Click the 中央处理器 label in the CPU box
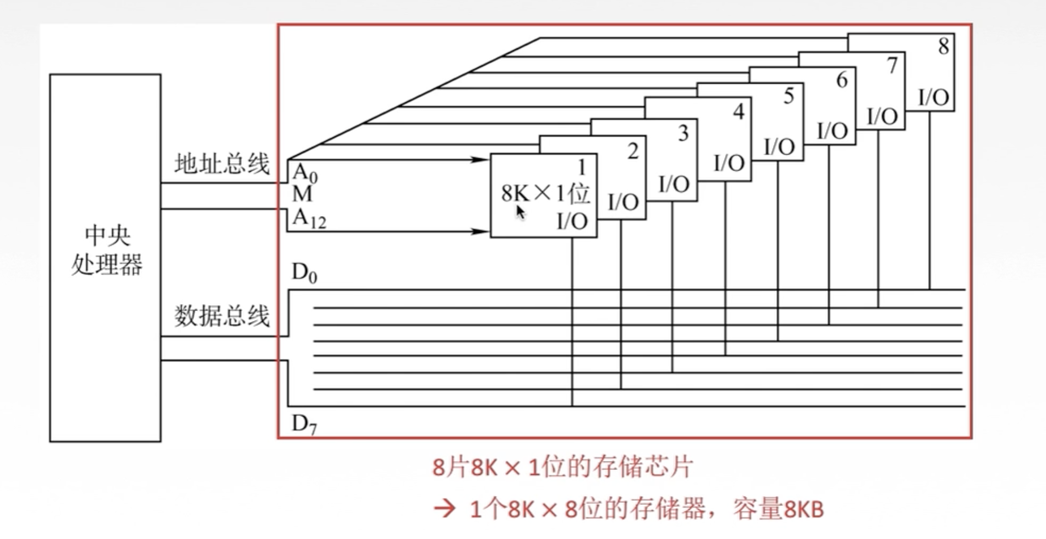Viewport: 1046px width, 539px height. coord(106,250)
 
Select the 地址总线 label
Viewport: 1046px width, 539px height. coord(222,164)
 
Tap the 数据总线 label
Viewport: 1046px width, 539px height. coord(222,315)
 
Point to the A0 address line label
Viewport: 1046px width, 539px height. coord(305,173)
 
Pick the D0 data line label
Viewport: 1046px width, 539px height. coord(304,273)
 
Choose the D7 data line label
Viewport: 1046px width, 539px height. coord(304,424)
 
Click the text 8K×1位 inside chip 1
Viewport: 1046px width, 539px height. coord(545,193)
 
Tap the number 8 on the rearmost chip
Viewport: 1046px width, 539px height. coord(943,46)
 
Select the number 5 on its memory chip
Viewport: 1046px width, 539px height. coord(789,96)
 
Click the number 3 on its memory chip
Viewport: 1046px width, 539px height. coord(683,133)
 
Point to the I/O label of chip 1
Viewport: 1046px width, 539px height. coord(572,221)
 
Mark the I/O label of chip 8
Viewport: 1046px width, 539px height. coord(933,97)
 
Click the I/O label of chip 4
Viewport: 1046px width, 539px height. coord(729,163)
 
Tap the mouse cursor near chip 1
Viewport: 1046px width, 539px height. coord(520,212)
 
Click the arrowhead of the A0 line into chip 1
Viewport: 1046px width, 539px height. coord(480,160)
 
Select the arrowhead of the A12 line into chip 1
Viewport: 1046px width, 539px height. coord(480,231)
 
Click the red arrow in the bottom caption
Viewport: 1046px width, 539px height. coord(444,509)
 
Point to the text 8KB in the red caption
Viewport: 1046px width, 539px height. coord(804,510)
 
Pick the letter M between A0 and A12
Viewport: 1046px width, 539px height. coord(302,194)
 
